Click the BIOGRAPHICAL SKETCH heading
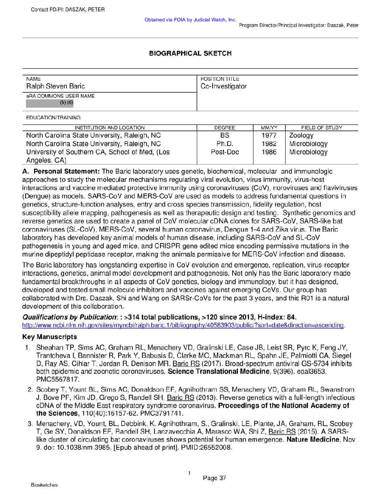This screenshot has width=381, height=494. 190,53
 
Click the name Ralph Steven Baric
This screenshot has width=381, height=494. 55,86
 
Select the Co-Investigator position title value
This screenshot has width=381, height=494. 223,86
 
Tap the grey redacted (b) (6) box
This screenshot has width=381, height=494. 50,103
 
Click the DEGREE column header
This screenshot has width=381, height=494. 224,128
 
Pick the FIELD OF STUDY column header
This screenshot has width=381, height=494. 321,128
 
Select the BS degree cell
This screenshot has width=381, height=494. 224,135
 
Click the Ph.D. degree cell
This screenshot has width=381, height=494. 224,144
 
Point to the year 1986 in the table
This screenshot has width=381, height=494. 269,152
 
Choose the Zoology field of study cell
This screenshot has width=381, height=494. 301,135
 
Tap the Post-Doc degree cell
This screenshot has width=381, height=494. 225,152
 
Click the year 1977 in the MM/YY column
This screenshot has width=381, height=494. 269,135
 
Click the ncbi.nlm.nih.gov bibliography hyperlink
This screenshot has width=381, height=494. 183,325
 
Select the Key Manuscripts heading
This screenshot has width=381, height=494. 49,337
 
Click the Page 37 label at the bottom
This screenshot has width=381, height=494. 214,478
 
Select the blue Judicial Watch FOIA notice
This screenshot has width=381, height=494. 190,20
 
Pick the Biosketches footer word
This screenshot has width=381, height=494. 44,485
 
